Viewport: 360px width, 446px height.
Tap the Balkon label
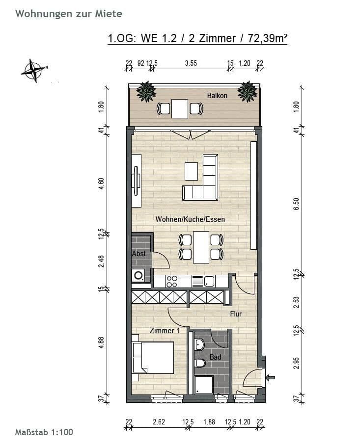[x=217, y=96]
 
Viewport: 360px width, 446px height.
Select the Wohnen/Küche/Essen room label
[x=190, y=219]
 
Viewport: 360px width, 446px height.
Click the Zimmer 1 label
[x=165, y=331]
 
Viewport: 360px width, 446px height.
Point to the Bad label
[x=215, y=357]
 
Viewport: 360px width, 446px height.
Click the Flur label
[x=236, y=314]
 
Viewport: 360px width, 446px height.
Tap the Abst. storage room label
[x=139, y=254]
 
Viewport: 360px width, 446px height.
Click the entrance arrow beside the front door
[x=270, y=377]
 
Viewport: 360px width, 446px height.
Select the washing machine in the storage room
[x=138, y=276]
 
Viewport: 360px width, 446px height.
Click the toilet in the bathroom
[x=200, y=364]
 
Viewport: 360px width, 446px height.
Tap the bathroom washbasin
[x=199, y=344]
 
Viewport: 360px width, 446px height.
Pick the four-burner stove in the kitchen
[x=172, y=281]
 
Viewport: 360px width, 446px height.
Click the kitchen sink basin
[x=209, y=281]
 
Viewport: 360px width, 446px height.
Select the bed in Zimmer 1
[x=153, y=357]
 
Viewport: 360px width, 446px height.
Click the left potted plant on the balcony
[x=146, y=91]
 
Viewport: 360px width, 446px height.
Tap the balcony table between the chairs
[x=180, y=108]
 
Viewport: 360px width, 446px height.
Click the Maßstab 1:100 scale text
[x=44, y=432]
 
